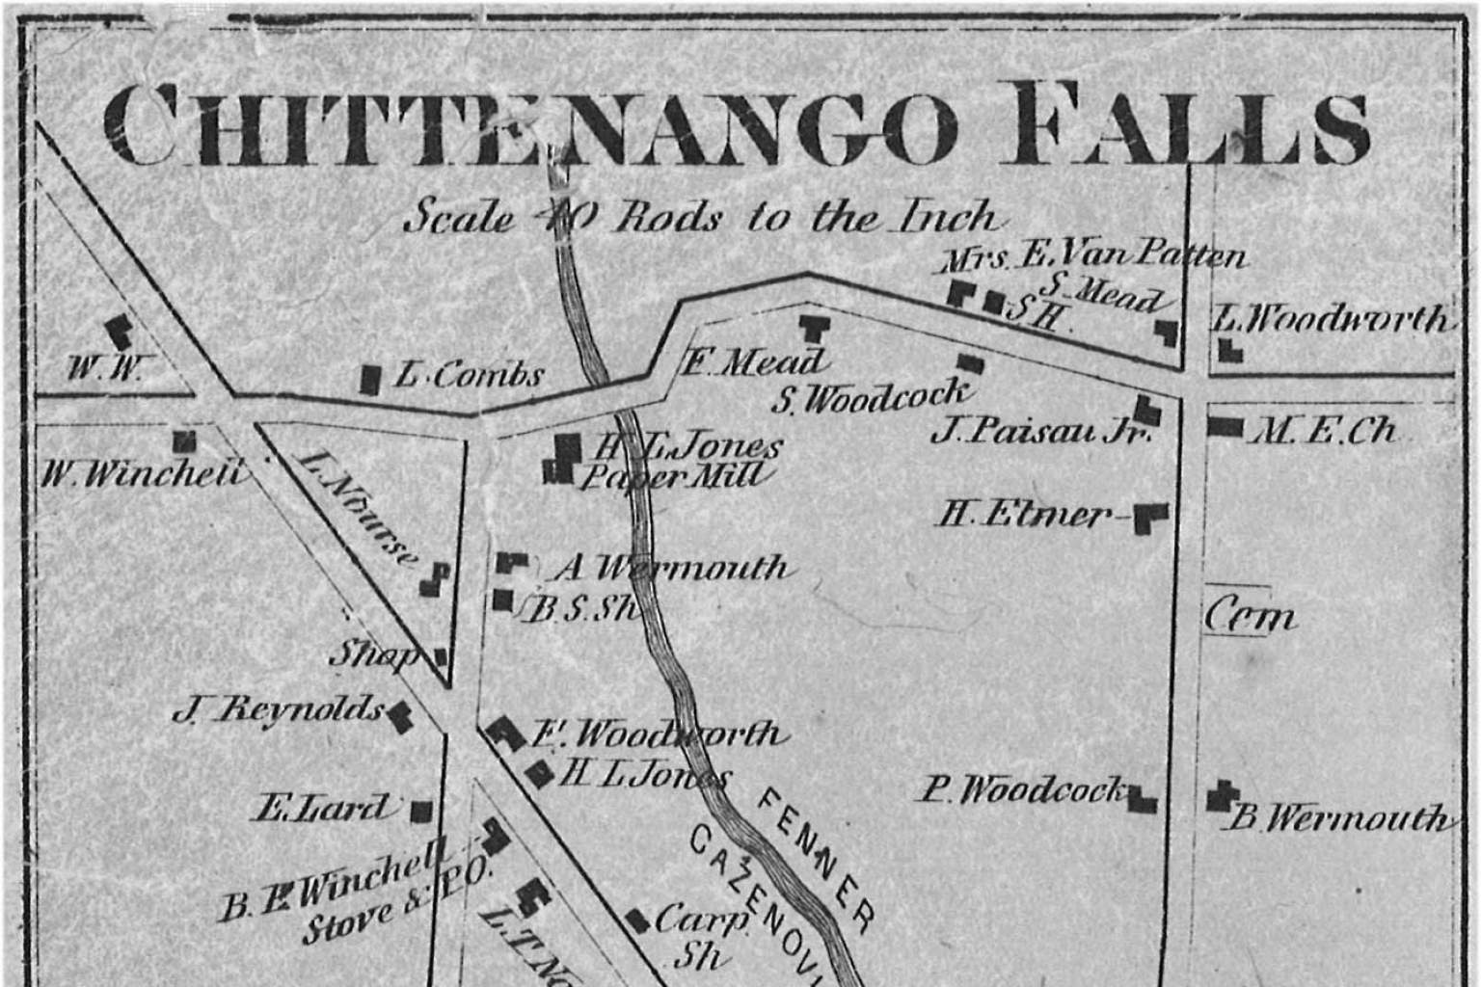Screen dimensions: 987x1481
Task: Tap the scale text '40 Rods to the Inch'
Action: [699, 217]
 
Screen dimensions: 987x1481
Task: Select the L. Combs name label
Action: [470, 375]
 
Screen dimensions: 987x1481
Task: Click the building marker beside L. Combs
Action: [369, 379]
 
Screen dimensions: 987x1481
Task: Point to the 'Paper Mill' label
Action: [674, 475]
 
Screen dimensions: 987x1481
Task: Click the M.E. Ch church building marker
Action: [1225, 426]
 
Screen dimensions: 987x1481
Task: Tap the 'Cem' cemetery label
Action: [1250, 615]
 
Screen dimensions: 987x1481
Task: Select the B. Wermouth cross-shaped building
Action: [1223, 796]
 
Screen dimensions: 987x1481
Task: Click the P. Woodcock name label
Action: [1022, 790]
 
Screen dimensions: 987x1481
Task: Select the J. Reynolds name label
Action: [279, 710]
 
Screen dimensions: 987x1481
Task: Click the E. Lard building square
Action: [421, 811]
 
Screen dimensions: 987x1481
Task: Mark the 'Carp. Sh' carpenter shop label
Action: [701, 935]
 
